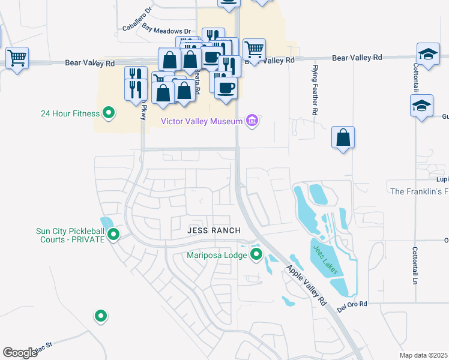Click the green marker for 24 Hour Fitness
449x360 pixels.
[x=109, y=112]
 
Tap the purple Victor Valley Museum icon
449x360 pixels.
[x=253, y=121]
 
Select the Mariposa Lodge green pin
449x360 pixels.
[x=257, y=254]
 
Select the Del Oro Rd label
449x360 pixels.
[x=352, y=304]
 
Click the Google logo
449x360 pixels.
[x=20, y=352]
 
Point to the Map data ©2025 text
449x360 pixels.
[x=423, y=355]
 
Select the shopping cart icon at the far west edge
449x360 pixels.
[x=17, y=58]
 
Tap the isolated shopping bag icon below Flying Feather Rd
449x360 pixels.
[x=342, y=138]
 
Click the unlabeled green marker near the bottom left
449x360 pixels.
[x=101, y=316]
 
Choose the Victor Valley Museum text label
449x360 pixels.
[x=202, y=122]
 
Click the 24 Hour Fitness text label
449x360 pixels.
[x=70, y=113]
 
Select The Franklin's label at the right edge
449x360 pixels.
[x=419, y=191]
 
